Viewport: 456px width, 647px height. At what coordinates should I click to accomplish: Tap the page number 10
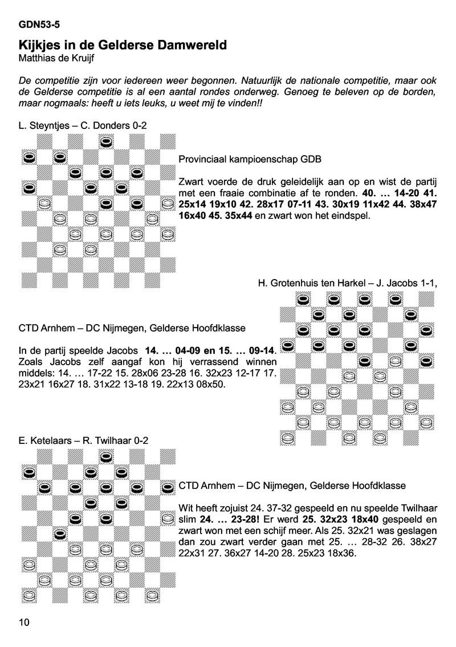click(x=24, y=621)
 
